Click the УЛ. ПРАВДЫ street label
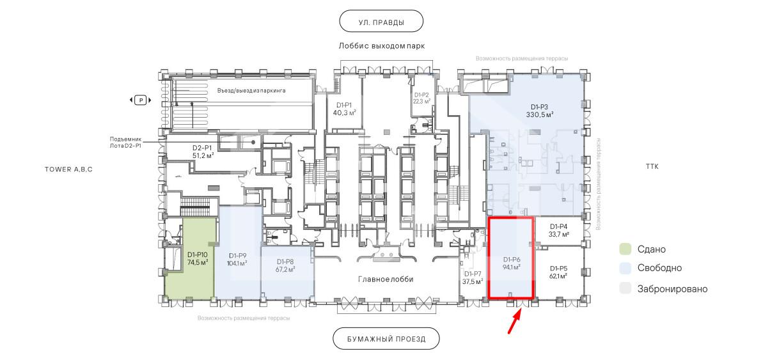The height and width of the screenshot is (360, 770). [x=381, y=22]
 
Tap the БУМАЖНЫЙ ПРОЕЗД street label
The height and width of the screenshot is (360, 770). [x=386, y=339]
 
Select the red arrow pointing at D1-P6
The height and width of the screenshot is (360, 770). [x=515, y=321]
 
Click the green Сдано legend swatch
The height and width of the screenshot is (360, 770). [x=625, y=249]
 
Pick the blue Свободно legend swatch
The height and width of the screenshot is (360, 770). [x=625, y=268]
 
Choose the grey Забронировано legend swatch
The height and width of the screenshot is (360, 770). [x=625, y=288]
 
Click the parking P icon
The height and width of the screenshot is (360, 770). [x=141, y=100]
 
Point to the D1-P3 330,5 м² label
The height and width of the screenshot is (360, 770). [x=540, y=111]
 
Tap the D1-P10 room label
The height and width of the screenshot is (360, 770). [x=198, y=258]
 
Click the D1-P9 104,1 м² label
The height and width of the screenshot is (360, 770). [x=237, y=260]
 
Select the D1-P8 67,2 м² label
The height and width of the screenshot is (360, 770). [x=285, y=266]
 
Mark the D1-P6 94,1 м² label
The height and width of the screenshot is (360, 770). [x=512, y=263]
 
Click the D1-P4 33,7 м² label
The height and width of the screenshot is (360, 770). [x=558, y=230]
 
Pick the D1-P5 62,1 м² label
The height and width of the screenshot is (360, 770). [x=558, y=272]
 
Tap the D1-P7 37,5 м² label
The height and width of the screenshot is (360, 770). [x=473, y=278]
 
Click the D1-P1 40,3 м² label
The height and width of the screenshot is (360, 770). [x=344, y=109]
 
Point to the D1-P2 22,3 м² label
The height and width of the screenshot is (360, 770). [x=421, y=98]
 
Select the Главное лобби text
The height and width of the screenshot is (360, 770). [x=386, y=279]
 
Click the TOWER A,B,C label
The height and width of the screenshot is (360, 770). [x=69, y=169]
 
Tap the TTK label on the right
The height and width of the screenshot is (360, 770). [x=652, y=167]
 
